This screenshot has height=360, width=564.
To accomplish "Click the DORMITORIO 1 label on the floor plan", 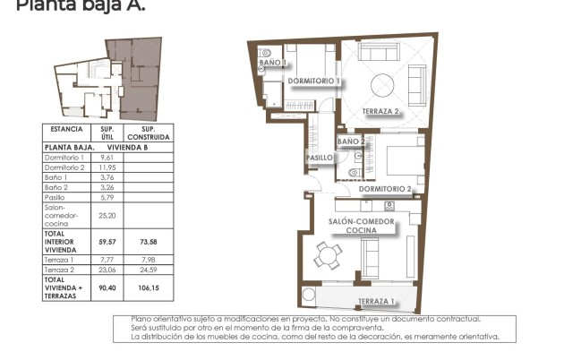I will click(x=313, y=81).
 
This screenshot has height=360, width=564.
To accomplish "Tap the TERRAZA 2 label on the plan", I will click(x=380, y=112).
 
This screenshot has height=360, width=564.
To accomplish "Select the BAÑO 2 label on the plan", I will click(x=351, y=141).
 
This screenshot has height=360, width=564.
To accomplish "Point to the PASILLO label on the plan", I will click(x=320, y=158).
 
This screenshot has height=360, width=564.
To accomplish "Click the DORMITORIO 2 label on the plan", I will click(x=385, y=189).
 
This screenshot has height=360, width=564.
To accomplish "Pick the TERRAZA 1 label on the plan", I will click(x=376, y=301).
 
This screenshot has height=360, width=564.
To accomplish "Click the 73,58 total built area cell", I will click(x=149, y=241).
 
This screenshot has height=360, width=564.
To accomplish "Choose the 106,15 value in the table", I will click(x=149, y=287).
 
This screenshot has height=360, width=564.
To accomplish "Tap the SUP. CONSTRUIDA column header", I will click(x=149, y=133).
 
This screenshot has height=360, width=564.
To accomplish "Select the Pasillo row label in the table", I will click(x=56, y=196).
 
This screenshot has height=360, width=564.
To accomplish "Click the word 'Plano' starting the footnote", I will click(x=142, y=319).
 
